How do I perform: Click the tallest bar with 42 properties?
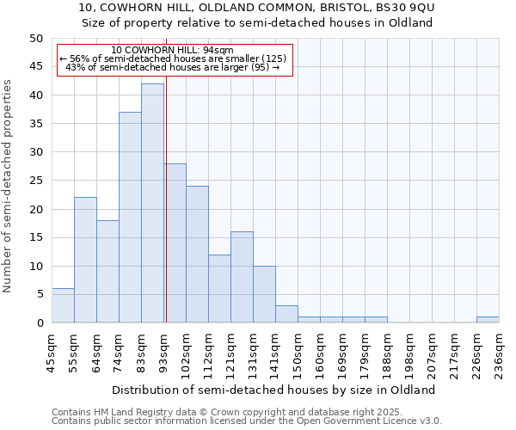pyautogui.click(x=152, y=203)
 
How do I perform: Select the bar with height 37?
pyautogui.click(x=130, y=218)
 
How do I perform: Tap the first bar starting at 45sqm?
pyautogui.click(x=63, y=305)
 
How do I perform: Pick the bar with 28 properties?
pyautogui.click(x=175, y=243)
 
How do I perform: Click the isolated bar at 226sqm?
pyautogui.click(x=488, y=320)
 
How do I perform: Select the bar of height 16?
pyautogui.click(x=242, y=277)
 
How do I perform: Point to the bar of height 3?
pyautogui.click(x=286, y=314)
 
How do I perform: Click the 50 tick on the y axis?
pyautogui.click(x=35, y=39)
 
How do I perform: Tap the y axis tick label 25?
pyautogui.click(x=35, y=181)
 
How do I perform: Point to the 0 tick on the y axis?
pyautogui.click(x=39, y=323)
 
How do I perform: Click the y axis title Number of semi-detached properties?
pyautogui.click(x=8, y=186)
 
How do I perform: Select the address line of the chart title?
pyautogui.click(x=257, y=8)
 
